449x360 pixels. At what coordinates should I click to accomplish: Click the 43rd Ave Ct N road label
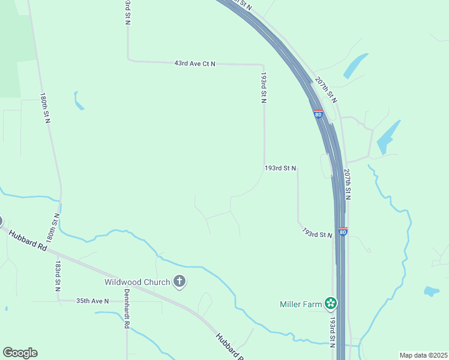tap(194, 63)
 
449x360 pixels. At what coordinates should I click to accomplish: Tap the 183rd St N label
tap(58, 275)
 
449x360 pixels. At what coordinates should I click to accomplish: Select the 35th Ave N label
tap(92, 301)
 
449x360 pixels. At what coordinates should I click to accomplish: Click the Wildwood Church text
tap(137, 281)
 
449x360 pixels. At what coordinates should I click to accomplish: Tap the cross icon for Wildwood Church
tap(179, 281)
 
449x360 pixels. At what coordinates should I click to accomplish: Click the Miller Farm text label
tap(301, 304)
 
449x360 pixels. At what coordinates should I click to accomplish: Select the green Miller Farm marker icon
tap(330, 304)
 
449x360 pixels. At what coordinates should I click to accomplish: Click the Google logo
tap(20, 353)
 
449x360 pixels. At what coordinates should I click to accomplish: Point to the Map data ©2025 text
tap(423, 355)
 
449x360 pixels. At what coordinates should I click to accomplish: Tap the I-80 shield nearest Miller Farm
tap(342, 232)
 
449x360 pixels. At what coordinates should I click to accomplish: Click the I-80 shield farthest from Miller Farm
tap(318, 114)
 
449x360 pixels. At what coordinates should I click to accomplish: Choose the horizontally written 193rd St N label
tap(280, 169)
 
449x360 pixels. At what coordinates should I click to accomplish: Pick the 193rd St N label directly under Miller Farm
tap(333, 331)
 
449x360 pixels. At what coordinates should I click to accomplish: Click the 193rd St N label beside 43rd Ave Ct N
tap(263, 88)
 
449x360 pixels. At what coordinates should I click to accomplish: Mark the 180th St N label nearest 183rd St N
tap(52, 227)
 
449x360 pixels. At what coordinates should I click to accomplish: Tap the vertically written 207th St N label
tap(348, 184)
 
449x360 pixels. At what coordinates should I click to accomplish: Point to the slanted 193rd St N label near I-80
tap(317, 233)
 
